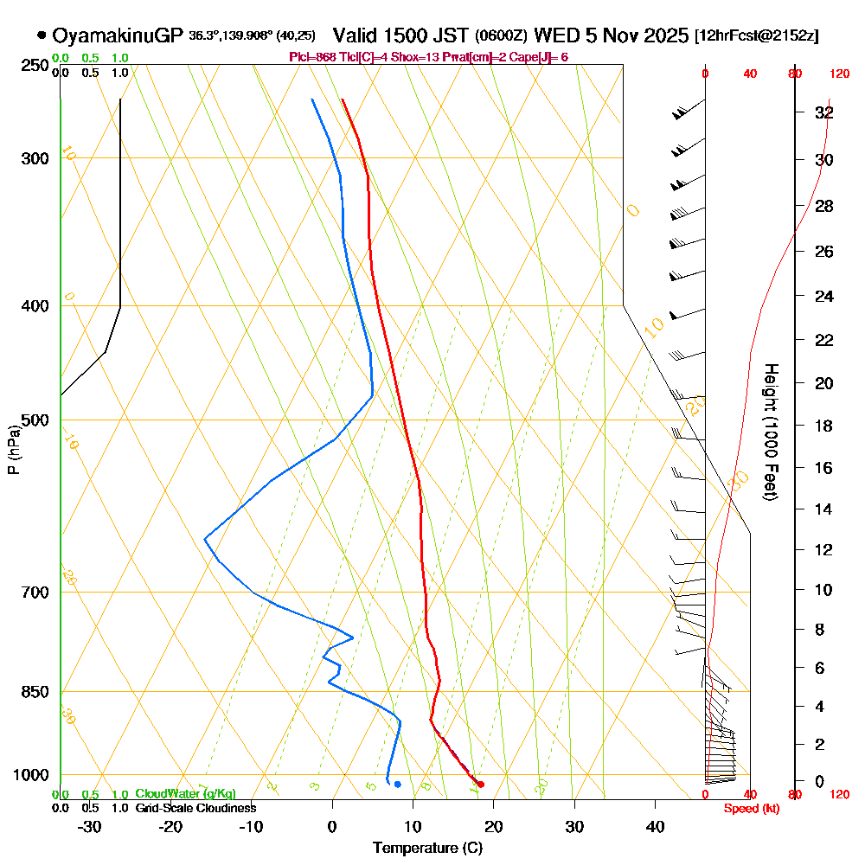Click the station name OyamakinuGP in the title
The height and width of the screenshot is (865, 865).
point(118,35)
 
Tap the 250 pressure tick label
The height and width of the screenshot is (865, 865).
point(33,65)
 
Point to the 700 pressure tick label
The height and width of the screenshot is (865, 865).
point(33,592)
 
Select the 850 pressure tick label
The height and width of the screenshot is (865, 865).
point(33,691)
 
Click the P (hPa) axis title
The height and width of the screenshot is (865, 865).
point(13,449)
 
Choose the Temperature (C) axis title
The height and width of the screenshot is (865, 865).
point(427,848)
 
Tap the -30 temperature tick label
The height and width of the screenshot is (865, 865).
point(90,826)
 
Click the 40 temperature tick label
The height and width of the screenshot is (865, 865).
point(655,826)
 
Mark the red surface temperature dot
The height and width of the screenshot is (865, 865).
point(481,785)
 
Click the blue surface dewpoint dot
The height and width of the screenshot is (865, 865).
point(397,785)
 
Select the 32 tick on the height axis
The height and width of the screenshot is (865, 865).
point(824,112)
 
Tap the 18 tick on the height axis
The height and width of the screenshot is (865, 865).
point(824,426)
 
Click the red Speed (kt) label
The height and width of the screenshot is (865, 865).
point(752,808)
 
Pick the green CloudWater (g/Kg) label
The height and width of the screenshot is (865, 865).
point(185,794)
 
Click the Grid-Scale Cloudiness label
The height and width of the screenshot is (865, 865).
point(195,808)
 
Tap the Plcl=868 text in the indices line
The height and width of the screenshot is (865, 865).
point(313,57)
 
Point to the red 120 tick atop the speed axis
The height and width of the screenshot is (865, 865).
point(838,74)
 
